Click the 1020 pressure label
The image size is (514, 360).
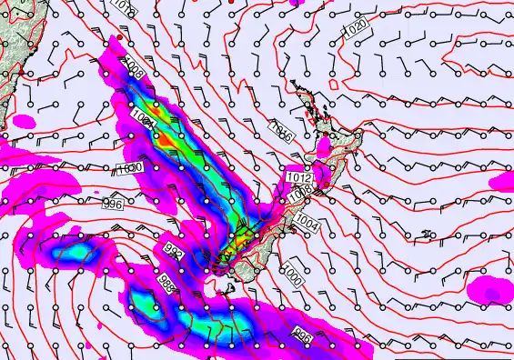[x=356, y=30]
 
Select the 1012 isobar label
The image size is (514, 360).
[x=299, y=176]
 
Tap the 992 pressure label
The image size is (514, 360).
[x=173, y=247]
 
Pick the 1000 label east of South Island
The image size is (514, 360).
[x=292, y=272]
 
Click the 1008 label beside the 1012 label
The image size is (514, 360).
[x=300, y=194]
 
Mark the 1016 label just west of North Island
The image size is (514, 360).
[x=283, y=135]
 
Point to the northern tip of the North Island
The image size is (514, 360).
[x=293, y=83]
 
